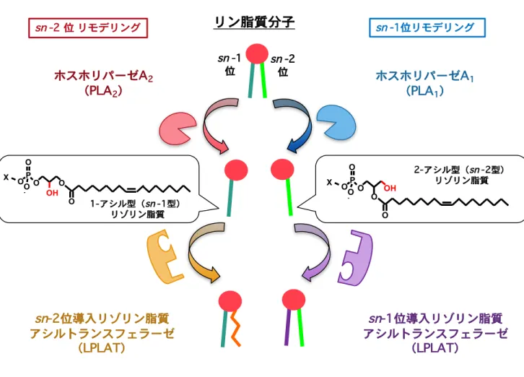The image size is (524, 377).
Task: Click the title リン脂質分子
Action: [254, 22]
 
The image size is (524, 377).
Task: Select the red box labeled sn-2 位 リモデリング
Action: [88, 27]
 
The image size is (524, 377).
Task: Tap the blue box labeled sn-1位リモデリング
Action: [427, 27]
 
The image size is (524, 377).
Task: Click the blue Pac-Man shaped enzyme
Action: [336, 123]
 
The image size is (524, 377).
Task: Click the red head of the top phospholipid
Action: [257, 53]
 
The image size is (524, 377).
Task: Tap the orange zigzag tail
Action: [235, 329]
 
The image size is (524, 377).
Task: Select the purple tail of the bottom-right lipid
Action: [288, 327]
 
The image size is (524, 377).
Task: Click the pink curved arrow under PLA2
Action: [214, 126]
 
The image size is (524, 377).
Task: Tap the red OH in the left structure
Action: [52, 193]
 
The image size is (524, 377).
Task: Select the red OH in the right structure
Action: [390, 188]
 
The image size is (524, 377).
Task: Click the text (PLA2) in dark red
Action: [103, 91]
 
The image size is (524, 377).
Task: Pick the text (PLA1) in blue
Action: [424, 91]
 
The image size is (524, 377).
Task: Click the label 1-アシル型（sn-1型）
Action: [135, 204]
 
